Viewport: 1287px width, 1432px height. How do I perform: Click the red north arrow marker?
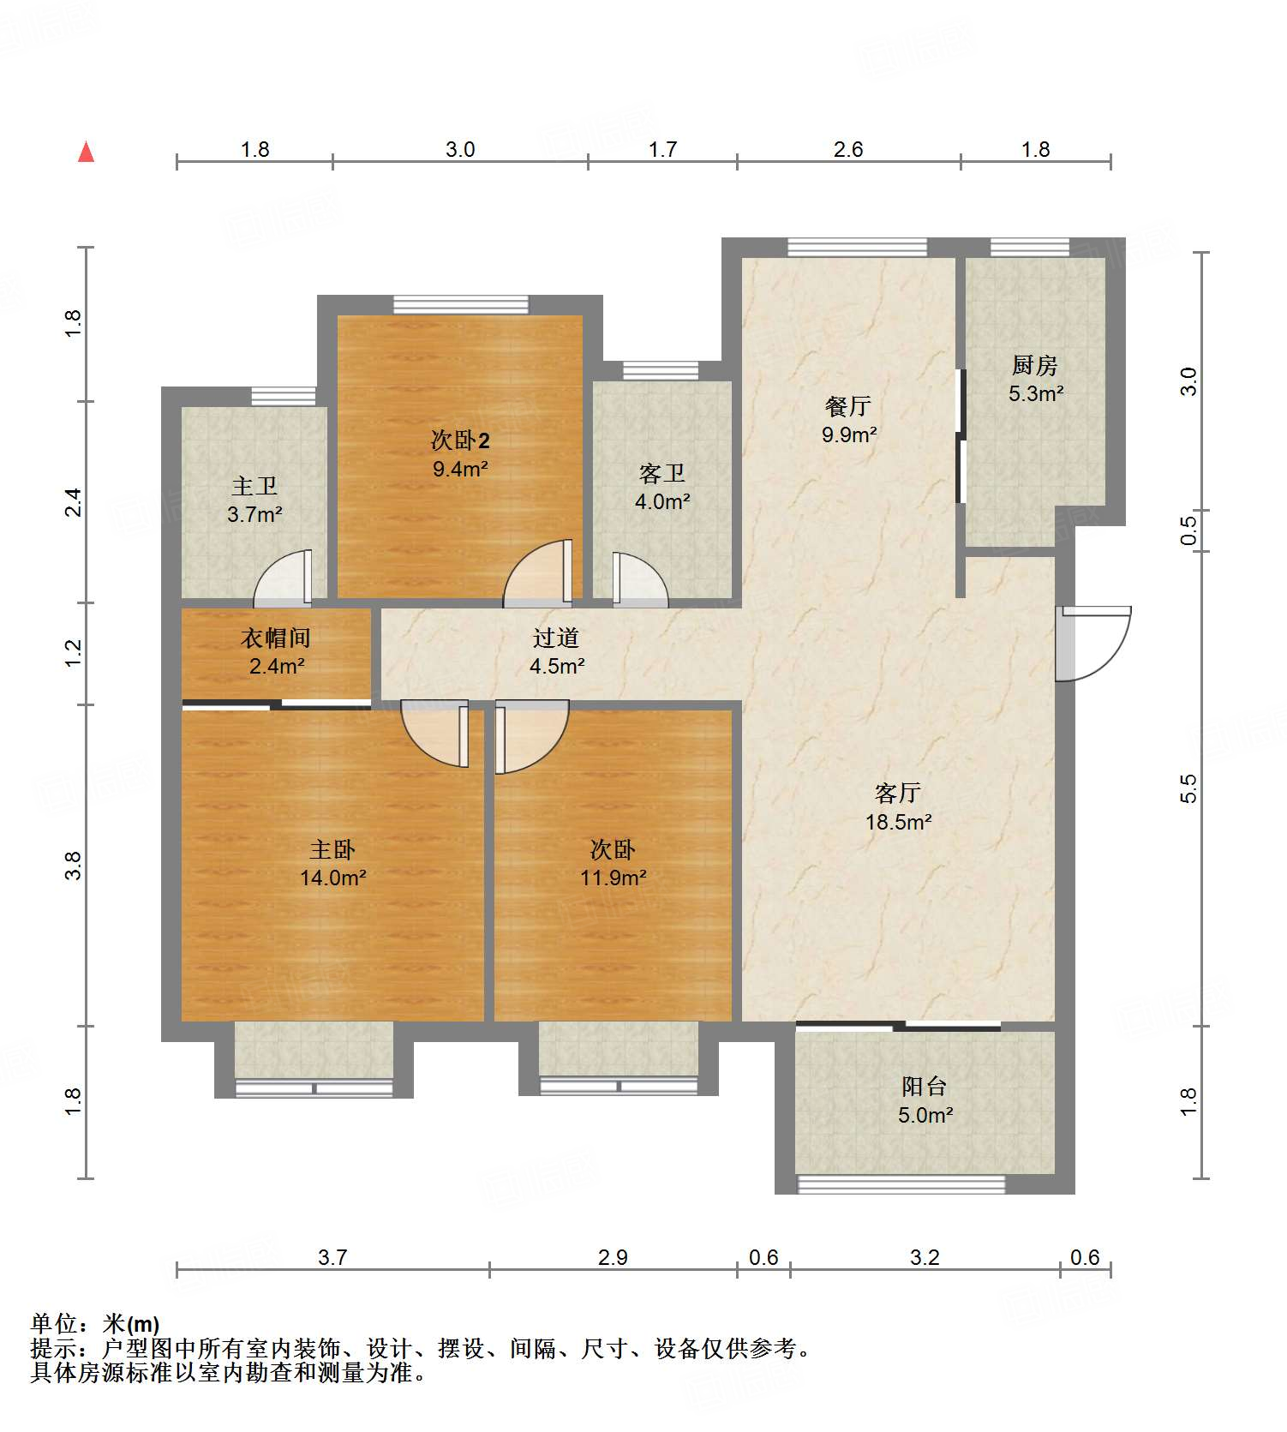(86, 152)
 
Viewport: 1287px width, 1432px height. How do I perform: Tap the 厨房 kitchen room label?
(1035, 366)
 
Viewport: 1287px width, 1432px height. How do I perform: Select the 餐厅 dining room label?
(848, 406)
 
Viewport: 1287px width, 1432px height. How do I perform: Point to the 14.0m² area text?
(333, 878)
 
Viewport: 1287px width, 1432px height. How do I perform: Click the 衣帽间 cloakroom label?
(276, 638)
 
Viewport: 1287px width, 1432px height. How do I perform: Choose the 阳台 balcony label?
(925, 1087)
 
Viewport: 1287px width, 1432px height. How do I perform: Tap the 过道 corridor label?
(556, 638)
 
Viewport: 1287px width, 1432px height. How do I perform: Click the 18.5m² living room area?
(899, 823)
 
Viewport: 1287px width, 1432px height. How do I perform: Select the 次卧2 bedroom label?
(460, 440)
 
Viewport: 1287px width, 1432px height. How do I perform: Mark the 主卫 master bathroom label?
(254, 487)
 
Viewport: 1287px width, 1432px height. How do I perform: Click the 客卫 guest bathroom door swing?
(641, 580)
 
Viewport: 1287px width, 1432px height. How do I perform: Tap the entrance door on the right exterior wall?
(1093, 644)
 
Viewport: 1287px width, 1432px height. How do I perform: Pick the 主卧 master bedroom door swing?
(435, 734)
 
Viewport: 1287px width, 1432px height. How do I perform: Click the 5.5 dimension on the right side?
(1188, 788)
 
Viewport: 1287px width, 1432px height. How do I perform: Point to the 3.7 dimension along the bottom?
(332, 1257)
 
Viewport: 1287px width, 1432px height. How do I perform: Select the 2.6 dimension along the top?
(848, 149)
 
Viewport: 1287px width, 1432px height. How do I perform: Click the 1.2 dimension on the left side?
(74, 653)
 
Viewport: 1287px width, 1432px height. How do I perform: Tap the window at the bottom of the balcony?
(901, 1184)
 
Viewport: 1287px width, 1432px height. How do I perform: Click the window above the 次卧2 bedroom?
(461, 305)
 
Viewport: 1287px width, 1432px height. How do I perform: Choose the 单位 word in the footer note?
(54, 1324)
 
